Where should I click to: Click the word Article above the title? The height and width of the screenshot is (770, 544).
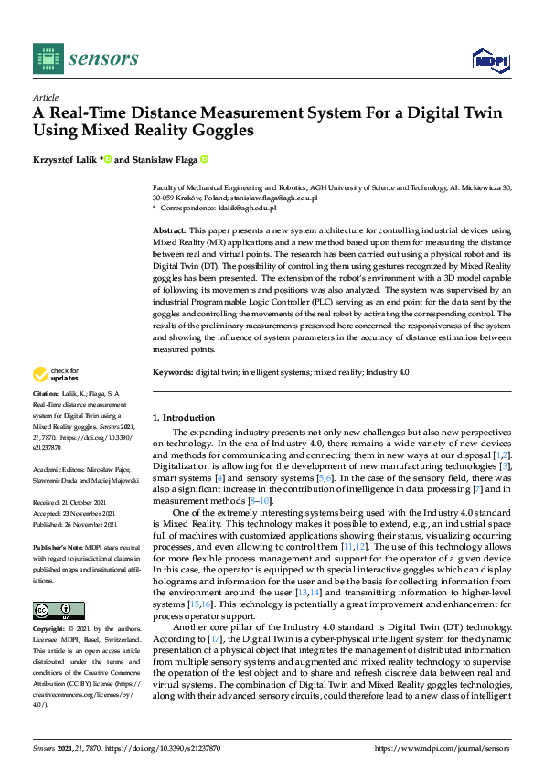tap(45, 97)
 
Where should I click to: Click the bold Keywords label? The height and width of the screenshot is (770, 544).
tap(172, 372)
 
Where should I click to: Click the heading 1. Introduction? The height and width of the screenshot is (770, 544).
tap(183, 417)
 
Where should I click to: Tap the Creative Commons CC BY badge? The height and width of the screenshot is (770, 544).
tap(59, 611)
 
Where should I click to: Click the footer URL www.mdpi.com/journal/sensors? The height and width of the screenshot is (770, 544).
tap(442, 749)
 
